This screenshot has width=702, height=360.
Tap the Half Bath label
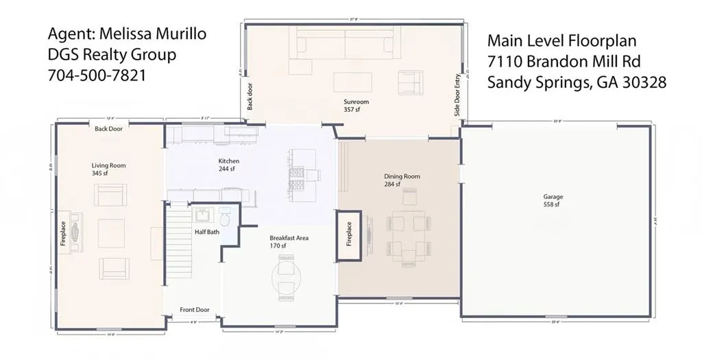click(x=207, y=232)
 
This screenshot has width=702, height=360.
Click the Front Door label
click(x=195, y=310)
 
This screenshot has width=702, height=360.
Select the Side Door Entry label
click(x=457, y=95)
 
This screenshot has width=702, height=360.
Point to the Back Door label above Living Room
click(x=109, y=129)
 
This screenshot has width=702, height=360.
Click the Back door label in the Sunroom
click(x=250, y=97)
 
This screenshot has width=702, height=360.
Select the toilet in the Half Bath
click(x=226, y=217)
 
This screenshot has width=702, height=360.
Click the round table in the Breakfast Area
click(x=287, y=278)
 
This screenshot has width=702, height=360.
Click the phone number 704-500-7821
click(x=97, y=76)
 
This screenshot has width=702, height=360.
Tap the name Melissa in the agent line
click(x=121, y=34)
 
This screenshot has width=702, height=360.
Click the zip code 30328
click(x=642, y=83)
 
